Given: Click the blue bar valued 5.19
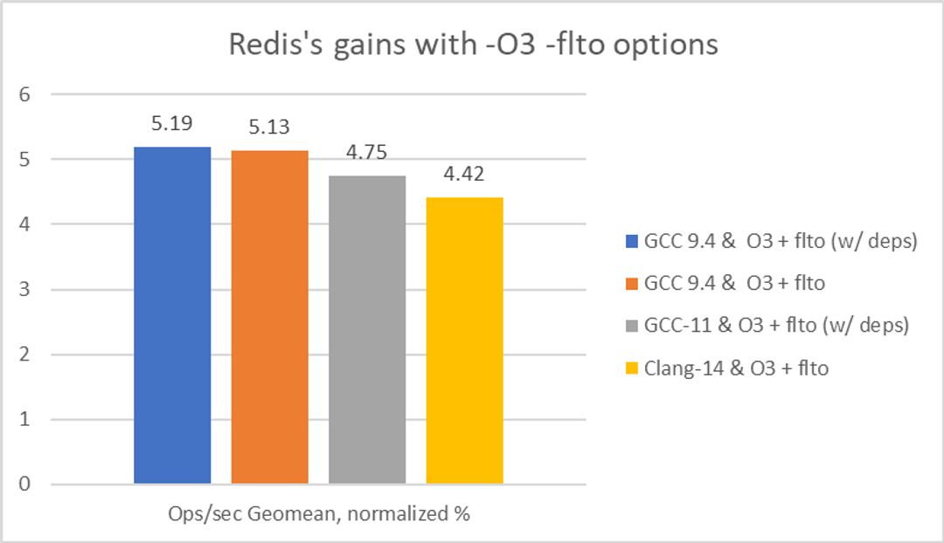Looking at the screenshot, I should point(172,315).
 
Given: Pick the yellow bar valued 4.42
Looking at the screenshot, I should point(464,340).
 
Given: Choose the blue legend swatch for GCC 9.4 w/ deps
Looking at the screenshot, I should point(621,241).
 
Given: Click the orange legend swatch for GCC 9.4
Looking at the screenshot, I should point(621,283).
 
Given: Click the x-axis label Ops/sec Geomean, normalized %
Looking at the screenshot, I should point(319,514).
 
